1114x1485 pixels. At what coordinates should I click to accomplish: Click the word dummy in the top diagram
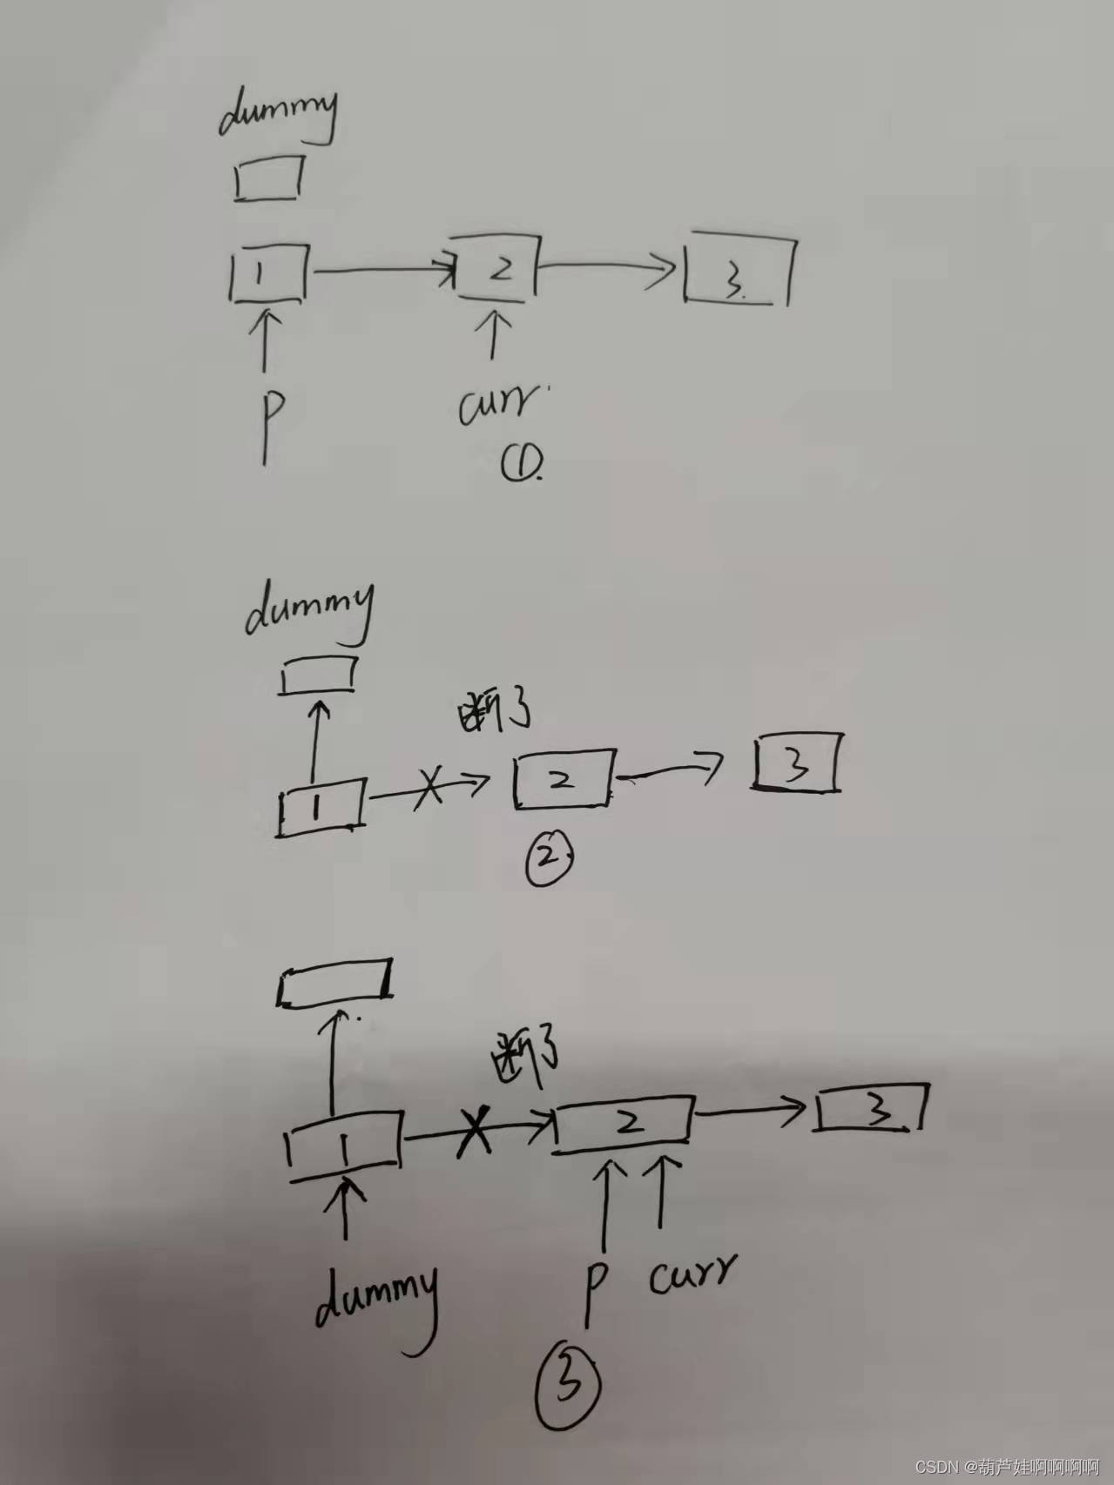point(277,116)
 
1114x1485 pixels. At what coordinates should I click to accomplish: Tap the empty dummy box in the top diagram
point(269,178)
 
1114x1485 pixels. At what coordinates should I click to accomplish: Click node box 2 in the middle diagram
point(563,777)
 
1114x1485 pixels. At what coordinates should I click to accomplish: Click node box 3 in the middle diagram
point(796,763)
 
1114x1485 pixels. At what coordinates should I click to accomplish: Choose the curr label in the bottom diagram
point(692,1274)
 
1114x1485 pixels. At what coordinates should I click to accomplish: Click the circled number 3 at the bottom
point(569,1386)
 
